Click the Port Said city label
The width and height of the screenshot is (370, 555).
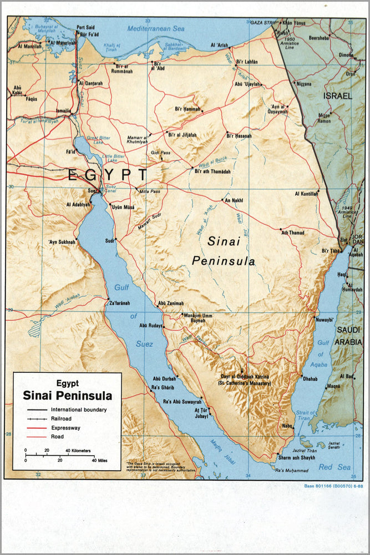coord(85,27)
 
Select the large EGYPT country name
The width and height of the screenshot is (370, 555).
coord(108,175)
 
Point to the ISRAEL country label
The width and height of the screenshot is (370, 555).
coord(338,96)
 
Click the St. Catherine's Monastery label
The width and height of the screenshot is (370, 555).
coord(244,383)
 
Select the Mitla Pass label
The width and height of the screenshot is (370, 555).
coord(148,191)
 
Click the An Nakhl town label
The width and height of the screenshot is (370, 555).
coord(232,200)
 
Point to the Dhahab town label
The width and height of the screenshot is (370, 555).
coord(310,378)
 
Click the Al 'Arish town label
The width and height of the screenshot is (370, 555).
coord(220,46)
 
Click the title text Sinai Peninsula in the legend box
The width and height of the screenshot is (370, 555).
coord(67,396)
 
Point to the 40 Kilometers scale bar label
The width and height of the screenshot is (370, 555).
coord(78,450)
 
